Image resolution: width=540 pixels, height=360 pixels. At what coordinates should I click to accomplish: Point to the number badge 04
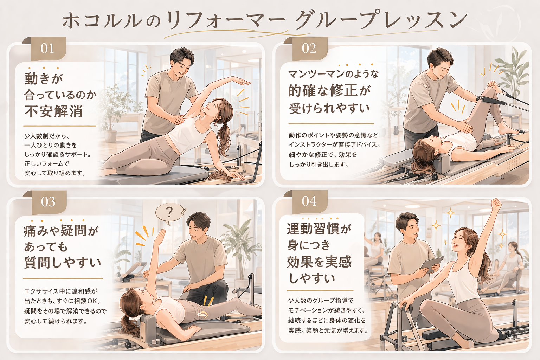point(309,201)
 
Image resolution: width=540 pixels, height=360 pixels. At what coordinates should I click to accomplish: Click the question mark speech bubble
point(170,213)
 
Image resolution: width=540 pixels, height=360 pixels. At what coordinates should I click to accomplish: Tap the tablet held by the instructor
point(432,265)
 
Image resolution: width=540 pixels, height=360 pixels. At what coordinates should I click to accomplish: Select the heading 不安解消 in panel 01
point(53,111)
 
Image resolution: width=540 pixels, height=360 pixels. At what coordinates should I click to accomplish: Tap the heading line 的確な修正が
point(329,91)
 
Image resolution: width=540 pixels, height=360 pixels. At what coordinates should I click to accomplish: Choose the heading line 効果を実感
point(319,262)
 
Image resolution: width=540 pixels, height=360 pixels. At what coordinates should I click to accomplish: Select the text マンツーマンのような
point(333,74)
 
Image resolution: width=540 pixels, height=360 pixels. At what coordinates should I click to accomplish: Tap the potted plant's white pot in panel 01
point(110,136)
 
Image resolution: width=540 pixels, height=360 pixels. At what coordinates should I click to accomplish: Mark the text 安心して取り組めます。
point(55,173)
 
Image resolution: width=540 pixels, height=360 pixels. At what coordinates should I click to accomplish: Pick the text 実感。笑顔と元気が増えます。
point(328,330)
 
